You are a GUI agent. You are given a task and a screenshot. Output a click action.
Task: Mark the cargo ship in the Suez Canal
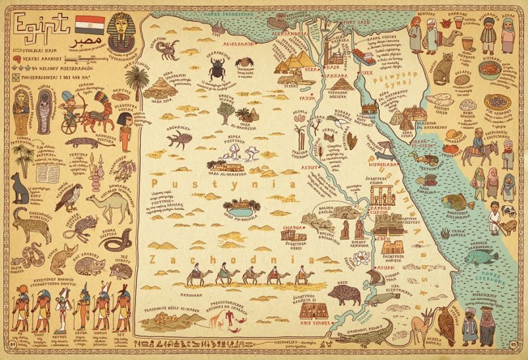pos(360,54)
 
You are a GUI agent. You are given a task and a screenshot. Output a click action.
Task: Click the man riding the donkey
pos(476,151)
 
